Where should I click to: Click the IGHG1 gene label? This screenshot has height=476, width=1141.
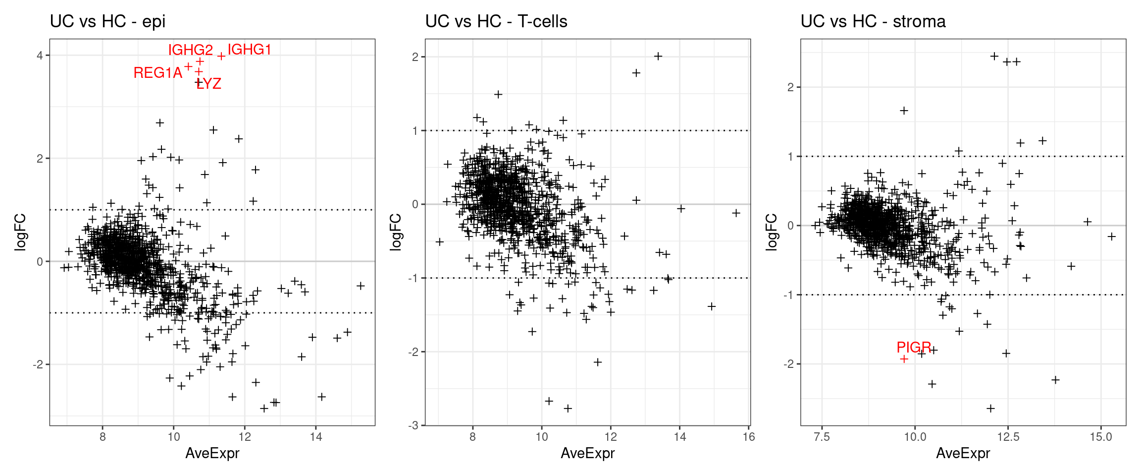pos(249,50)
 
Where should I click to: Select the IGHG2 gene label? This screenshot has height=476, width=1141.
pos(190,50)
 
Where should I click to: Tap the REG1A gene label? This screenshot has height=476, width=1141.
pos(158,73)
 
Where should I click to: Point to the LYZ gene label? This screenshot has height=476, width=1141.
pos(208,84)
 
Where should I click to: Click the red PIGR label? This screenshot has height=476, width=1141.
pos(914,347)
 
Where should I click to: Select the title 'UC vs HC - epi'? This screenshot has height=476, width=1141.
pos(107,21)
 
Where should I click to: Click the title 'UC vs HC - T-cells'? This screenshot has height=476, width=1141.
pos(496,21)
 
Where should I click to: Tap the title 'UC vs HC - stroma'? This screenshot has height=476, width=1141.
pos(873,21)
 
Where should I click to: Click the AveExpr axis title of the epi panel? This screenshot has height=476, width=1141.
pos(212,453)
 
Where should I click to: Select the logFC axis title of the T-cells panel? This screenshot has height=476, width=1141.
pos(396,232)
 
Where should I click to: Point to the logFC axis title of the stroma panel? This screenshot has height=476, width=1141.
pos(771,232)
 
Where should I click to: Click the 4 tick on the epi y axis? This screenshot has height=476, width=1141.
pos(40,55)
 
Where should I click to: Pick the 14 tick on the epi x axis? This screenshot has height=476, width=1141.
pos(316,437)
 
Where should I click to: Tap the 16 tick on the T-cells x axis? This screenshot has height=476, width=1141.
pos(749,437)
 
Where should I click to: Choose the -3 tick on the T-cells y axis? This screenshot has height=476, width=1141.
pos(414,425)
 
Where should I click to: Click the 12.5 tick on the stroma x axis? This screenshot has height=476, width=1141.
pos(1008,437)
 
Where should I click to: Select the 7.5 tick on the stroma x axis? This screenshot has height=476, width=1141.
pos(822,437)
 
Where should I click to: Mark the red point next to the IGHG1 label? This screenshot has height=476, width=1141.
pos(221,57)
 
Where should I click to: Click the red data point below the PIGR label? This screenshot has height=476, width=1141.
pos(904,359)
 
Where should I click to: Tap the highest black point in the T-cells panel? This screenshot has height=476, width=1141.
pos(658,57)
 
